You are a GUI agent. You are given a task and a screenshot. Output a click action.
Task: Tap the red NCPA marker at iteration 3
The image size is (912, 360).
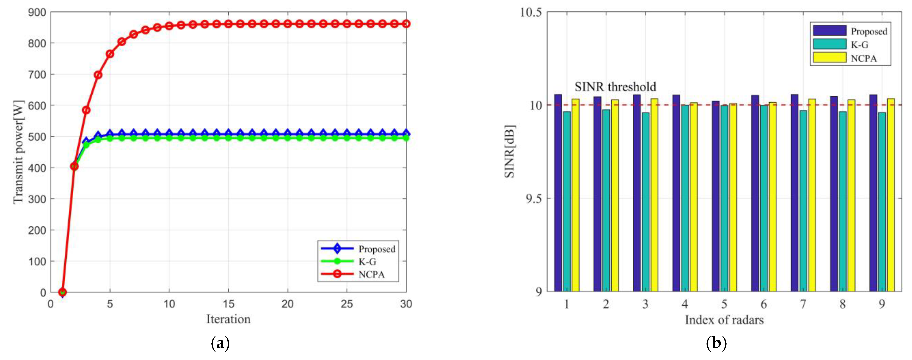(86, 110)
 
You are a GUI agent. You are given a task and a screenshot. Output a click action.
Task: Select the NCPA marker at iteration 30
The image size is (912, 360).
(406, 24)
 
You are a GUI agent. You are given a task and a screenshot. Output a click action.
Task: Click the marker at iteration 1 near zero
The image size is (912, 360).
(63, 292)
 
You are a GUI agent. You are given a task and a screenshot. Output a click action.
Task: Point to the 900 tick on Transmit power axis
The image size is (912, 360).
(37, 12)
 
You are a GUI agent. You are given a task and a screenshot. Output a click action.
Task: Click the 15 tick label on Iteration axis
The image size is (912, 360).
(228, 304)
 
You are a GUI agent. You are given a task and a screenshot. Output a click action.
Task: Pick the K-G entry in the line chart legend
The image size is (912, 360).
(367, 262)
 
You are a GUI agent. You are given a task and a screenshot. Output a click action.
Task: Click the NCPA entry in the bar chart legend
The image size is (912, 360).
(864, 58)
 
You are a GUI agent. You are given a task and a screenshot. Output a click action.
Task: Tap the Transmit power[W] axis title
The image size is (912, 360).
(18, 152)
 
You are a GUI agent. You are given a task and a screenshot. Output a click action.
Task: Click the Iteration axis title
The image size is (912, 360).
(228, 319)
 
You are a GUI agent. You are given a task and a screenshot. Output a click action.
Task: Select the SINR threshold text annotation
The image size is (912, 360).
(615, 87)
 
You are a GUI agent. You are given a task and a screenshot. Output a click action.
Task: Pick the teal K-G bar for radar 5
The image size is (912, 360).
(724, 198)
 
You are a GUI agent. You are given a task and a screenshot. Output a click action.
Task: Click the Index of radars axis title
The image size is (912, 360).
(724, 320)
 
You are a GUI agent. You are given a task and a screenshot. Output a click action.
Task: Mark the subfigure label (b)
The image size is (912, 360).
(716, 343)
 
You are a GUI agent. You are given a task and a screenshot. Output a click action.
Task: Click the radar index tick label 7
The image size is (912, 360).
(803, 304)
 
